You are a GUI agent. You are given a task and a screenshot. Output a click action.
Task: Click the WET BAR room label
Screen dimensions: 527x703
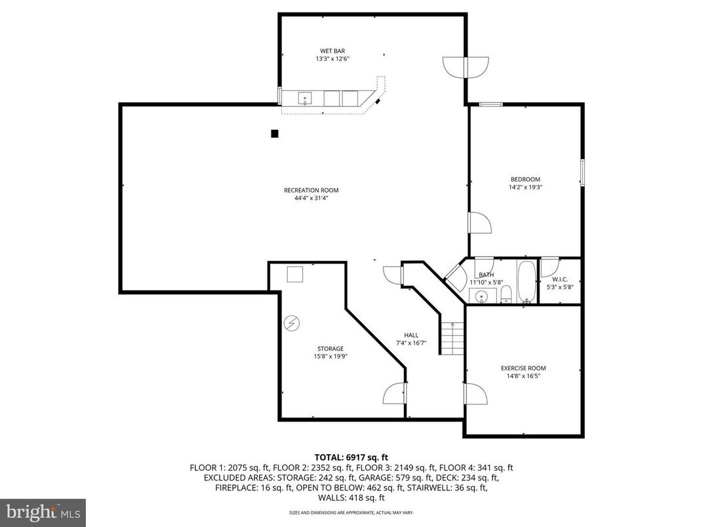click(x=332, y=50)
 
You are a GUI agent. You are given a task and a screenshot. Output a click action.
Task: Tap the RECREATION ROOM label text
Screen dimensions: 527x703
click(x=311, y=190)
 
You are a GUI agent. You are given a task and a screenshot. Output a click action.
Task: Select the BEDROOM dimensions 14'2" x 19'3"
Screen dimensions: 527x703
click(x=525, y=187)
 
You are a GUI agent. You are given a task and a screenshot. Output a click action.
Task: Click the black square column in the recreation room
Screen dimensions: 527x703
click(x=275, y=134)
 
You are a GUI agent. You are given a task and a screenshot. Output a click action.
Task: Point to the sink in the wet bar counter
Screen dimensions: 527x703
click(x=305, y=98)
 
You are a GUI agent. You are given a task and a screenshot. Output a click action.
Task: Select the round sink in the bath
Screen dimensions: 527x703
click(x=482, y=296)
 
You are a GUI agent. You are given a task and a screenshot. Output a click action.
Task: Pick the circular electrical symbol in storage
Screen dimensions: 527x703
click(x=292, y=323)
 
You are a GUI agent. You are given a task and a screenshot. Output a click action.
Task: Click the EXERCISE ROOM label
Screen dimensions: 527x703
click(x=523, y=368)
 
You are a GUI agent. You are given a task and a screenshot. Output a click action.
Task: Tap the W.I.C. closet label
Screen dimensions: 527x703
click(x=559, y=279)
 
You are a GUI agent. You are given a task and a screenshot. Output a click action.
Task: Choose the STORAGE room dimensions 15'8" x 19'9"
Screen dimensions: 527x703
click(x=330, y=357)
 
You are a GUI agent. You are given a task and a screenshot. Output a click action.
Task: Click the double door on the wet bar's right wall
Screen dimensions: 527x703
click(x=466, y=67)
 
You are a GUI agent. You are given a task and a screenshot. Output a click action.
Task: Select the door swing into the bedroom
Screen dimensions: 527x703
click(x=478, y=223)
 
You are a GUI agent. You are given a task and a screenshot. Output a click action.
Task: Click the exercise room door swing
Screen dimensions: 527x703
click(x=475, y=395)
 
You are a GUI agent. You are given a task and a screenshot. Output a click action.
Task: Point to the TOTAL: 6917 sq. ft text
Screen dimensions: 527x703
click(x=351, y=457)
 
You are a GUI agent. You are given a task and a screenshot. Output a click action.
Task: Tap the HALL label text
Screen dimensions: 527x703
click(x=411, y=335)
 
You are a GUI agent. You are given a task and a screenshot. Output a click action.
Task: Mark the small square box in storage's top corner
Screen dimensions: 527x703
click(x=295, y=274)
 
